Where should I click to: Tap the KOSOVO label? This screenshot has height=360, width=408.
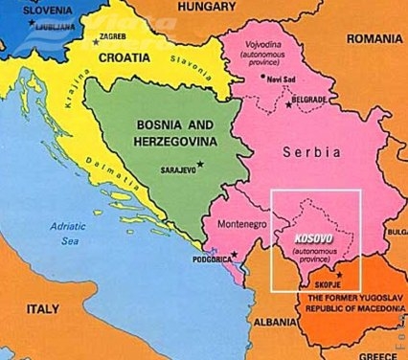click(302, 236)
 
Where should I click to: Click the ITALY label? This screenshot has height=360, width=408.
click(43, 309)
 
